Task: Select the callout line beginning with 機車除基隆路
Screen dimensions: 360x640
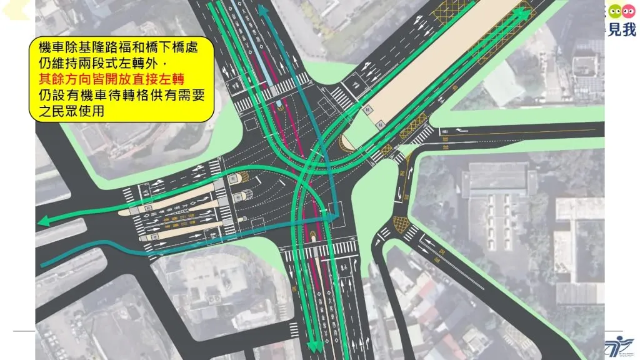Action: click(x=118, y=48)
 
